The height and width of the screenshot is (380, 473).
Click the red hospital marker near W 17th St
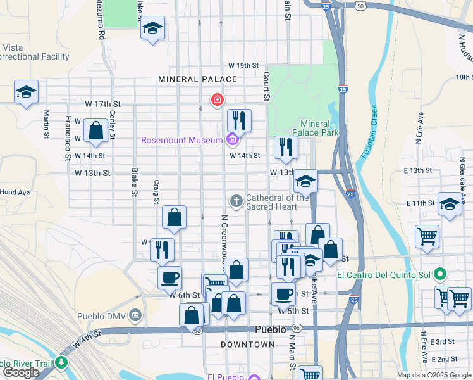tap(217, 100)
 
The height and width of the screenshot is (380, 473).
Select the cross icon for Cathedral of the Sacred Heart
tap(236, 201)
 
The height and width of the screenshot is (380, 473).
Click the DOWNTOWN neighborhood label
tap(248, 345)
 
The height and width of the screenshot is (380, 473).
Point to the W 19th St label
tap(244, 65)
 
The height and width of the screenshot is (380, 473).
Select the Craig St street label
tap(156, 192)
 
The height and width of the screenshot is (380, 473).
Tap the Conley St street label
tap(112, 125)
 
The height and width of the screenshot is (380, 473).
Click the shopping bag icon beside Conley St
tap(95, 130)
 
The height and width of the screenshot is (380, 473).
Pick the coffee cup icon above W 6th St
tap(169, 277)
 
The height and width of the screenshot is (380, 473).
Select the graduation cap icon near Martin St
tap(27, 92)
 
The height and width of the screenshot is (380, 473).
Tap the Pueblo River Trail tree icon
tap(61, 362)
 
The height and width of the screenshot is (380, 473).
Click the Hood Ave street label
tap(15, 192)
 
